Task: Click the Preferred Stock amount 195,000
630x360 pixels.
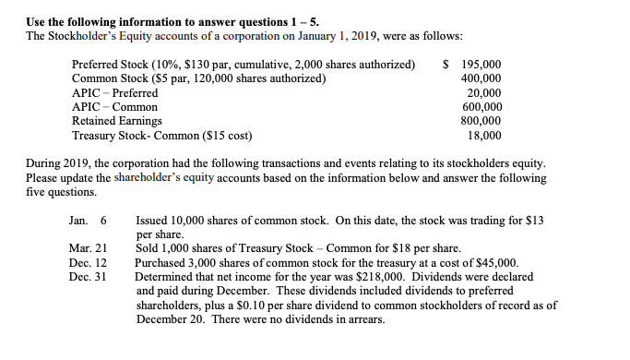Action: coord(481,66)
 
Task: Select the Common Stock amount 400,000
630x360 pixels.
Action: coord(481,79)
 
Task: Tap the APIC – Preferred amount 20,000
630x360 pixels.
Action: coord(484,93)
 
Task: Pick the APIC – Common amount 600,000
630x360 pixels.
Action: coord(481,107)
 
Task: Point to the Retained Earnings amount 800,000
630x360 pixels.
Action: coord(481,121)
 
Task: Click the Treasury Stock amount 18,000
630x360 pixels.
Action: coord(484,135)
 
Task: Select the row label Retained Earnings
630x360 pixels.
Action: coord(116,121)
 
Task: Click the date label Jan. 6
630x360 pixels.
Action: coord(89,221)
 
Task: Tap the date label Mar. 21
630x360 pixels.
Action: coord(89,249)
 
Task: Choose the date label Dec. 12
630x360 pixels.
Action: coord(89,263)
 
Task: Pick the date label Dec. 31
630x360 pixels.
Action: coord(89,277)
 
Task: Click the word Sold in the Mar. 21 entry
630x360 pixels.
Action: coord(148,249)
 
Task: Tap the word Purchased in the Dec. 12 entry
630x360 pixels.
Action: coord(161,263)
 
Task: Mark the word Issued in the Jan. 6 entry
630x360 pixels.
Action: coord(152,221)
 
